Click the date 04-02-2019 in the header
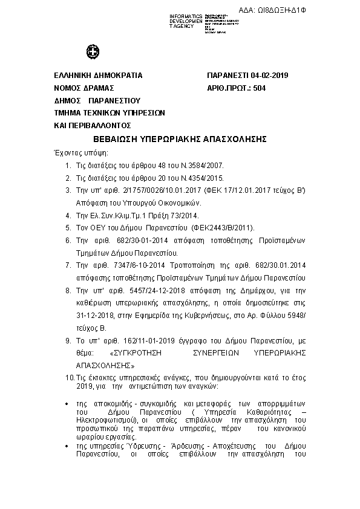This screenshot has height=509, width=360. (x=267, y=76)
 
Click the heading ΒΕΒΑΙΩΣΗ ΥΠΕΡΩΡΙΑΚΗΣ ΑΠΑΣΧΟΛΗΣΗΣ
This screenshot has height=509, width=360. (x=180, y=138)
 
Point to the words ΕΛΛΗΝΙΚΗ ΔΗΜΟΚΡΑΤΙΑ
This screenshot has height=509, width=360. (x=98, y=76)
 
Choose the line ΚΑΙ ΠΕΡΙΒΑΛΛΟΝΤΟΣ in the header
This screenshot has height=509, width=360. (x=93, y=125)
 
